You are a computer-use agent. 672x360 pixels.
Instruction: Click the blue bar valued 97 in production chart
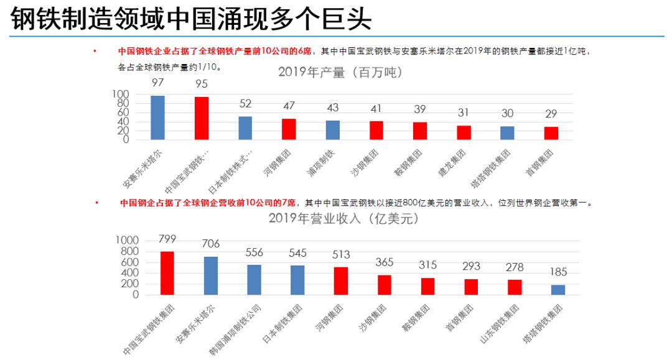tap(158, 118)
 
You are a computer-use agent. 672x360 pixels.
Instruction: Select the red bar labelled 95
tap(202, 118)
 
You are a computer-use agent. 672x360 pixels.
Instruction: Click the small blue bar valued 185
tap(558, 290)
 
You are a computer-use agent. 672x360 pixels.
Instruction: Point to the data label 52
tap(245, 104)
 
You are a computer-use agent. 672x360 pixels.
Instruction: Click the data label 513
tap(341, 254)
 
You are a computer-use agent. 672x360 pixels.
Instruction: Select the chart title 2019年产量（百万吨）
tap(340, 73)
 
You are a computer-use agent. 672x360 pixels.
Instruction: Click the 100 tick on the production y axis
tap(120, 95)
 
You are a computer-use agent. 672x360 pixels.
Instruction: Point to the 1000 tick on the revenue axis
tap(128, 241)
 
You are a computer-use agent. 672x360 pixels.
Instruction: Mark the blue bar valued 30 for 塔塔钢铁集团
tap(508, 133)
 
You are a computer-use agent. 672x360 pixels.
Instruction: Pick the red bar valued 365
tap(385, 285)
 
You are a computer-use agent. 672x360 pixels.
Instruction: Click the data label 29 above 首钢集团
tap(551, 114)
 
